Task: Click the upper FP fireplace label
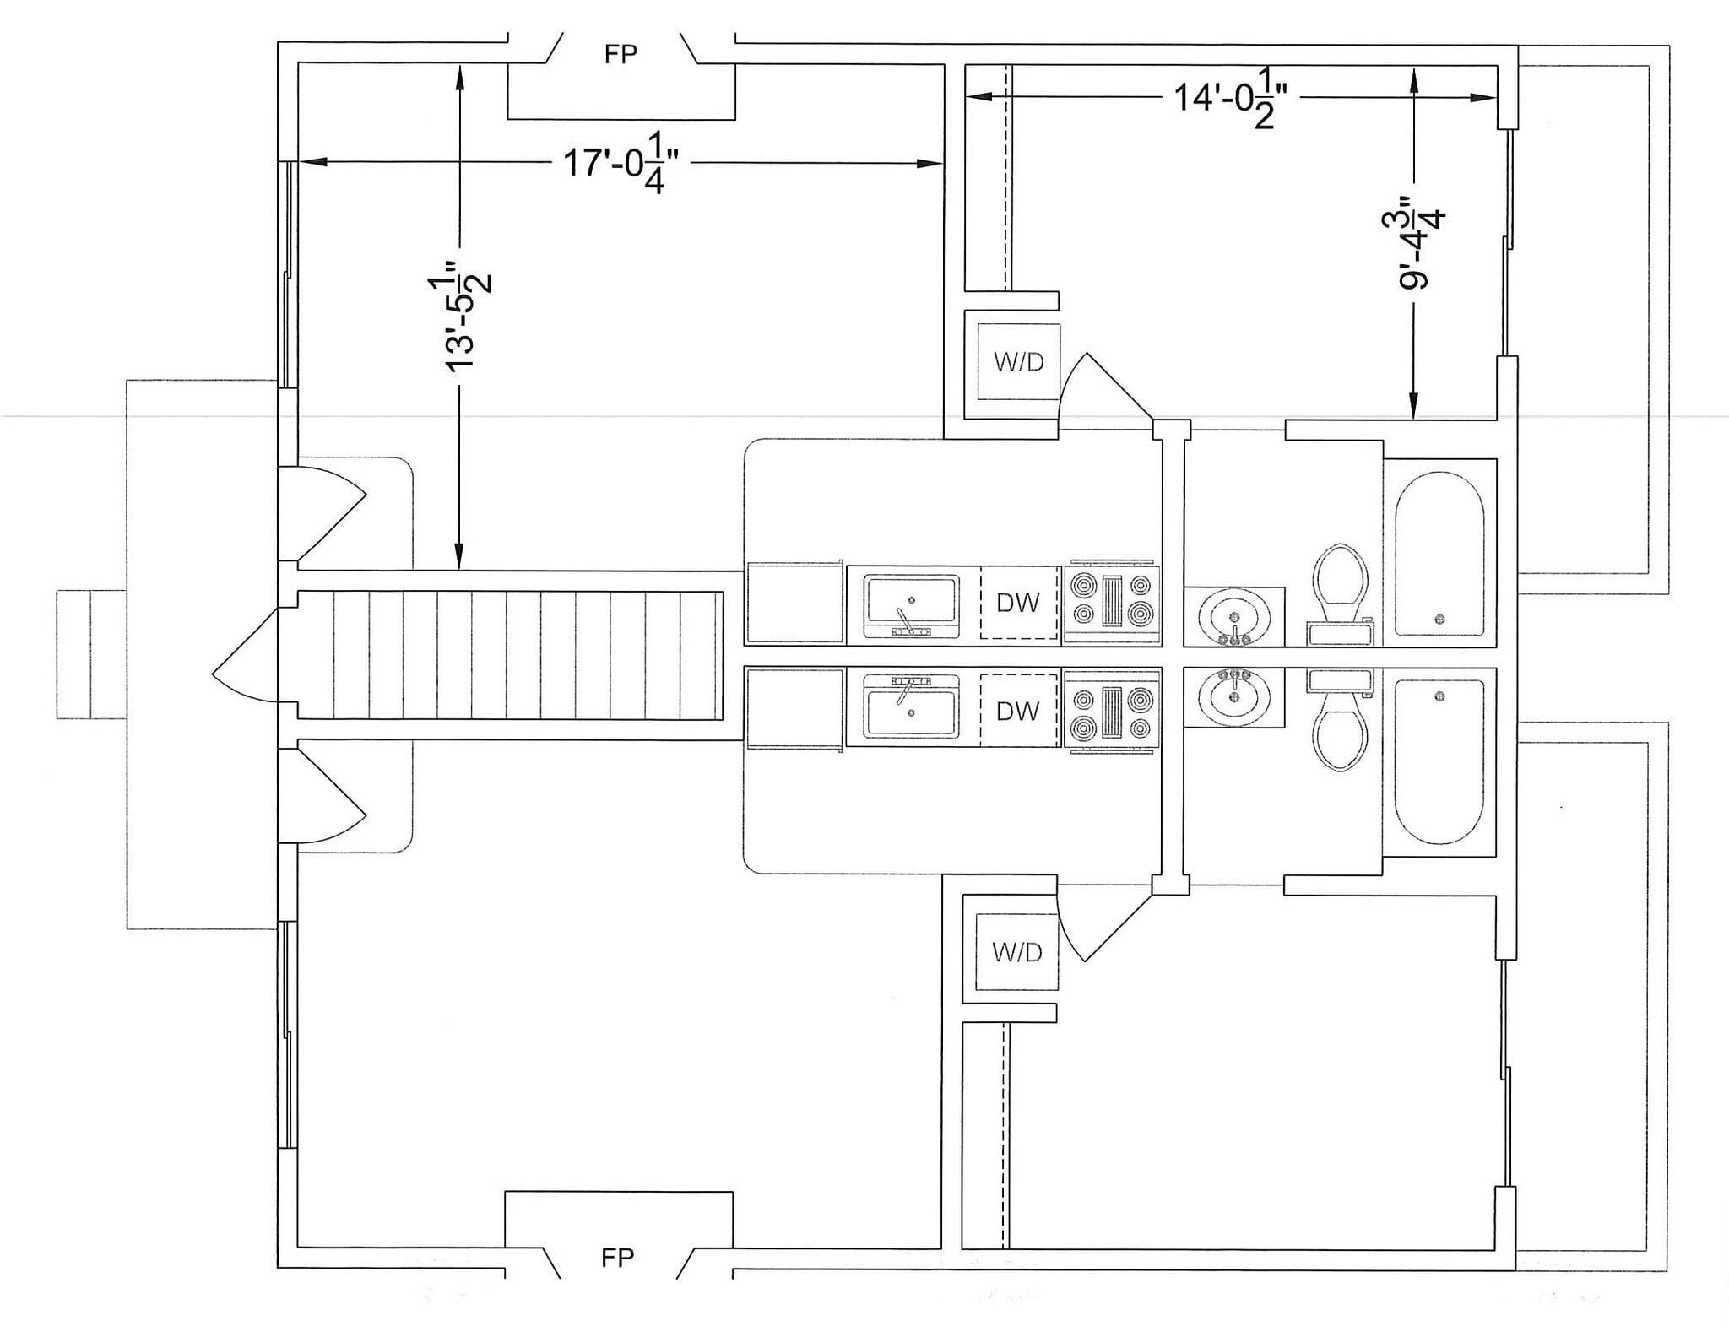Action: click(x=621, y=55)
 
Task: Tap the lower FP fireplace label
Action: click(x=617, y=1258)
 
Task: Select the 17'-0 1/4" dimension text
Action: click(x=621, y=163)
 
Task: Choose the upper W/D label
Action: click(x=1018, y=362)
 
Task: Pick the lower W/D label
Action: click(x=1016, y=952)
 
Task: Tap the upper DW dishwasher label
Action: click(x=1017, y=603)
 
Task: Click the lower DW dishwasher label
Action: click(x=1017, y=711)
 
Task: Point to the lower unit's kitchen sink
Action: click(x=911, y=709)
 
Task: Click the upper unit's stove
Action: click(x=1112, y=601)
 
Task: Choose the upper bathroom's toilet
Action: click(x=1341, y=582)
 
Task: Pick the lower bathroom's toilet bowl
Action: click(x=1341, y=739)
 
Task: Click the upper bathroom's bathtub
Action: click(x=1439, y=554)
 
